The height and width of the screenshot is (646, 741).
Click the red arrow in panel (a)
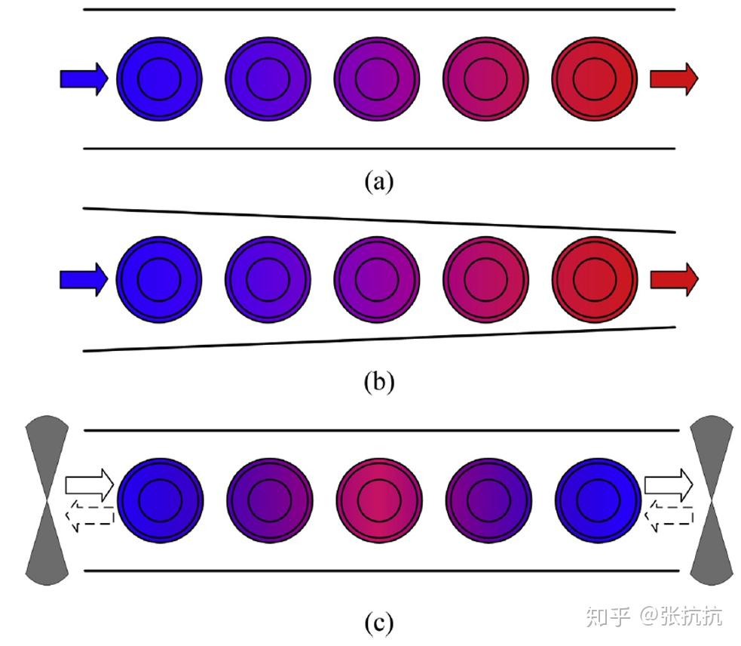(674, 78)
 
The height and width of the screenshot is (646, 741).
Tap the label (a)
(378, 182)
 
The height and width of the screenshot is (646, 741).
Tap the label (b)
(378, 382)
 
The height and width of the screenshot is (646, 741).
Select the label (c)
(378, 623)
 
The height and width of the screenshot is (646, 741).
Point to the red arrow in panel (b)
(674, 279)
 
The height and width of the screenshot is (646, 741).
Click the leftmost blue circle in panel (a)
(160, 78)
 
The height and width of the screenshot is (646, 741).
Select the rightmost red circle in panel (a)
(595, 78)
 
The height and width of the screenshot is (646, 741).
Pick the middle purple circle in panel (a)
(377, 78)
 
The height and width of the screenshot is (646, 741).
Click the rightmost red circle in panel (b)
(595, 279)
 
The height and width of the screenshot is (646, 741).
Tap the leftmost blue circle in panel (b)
(160, 279)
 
